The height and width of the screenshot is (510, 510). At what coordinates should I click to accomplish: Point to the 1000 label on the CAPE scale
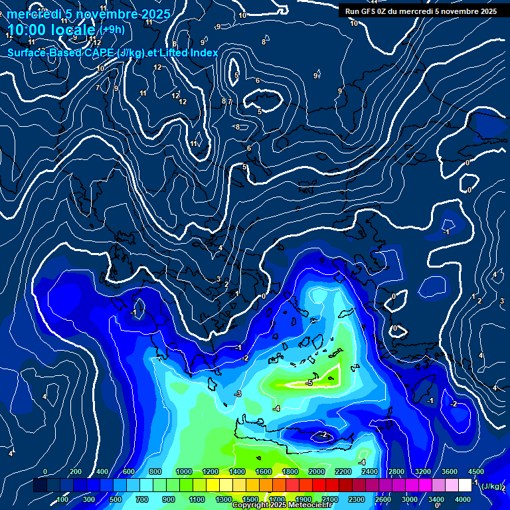coord(184,471)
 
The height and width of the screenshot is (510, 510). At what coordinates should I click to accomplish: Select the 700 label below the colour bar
coord(141,499)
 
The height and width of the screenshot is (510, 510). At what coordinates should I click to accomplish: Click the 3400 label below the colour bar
coord(436,499)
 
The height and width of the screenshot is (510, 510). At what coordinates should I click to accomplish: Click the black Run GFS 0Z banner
coord(421,11)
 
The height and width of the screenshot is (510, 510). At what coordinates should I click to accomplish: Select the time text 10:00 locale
coord(51,30)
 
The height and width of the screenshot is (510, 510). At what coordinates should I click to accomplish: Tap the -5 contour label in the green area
coord(308,383)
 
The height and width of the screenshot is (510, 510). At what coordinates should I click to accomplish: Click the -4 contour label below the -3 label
coord(276,408)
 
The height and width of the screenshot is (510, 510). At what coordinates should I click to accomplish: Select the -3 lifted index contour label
coord(238,394)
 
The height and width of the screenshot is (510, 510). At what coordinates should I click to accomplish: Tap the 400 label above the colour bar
coord(102,471)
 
